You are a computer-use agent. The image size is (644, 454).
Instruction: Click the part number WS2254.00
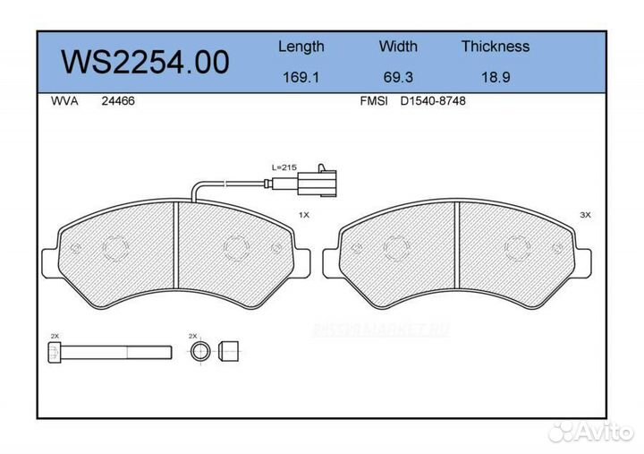coord(144,62)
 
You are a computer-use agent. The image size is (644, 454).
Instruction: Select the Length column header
coord(301,47)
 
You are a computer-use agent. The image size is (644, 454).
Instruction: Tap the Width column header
coord(398,47)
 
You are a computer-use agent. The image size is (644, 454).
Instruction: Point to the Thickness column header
coord(495,47)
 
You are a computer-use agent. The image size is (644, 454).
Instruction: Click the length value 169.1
coord(301,77)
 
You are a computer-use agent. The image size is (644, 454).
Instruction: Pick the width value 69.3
coord(398,77)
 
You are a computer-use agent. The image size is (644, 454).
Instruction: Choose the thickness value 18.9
coord(495,77)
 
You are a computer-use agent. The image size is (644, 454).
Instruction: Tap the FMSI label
coord(372,101)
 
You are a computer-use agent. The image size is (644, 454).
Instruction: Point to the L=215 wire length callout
coord(284,167)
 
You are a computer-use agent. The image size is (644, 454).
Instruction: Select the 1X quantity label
coord(303,216)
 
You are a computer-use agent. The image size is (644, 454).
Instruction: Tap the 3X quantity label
coord(586,216)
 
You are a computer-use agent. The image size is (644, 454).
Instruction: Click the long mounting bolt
coord(108,349)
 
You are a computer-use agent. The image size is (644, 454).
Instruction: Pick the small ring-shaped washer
coord(203,349)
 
